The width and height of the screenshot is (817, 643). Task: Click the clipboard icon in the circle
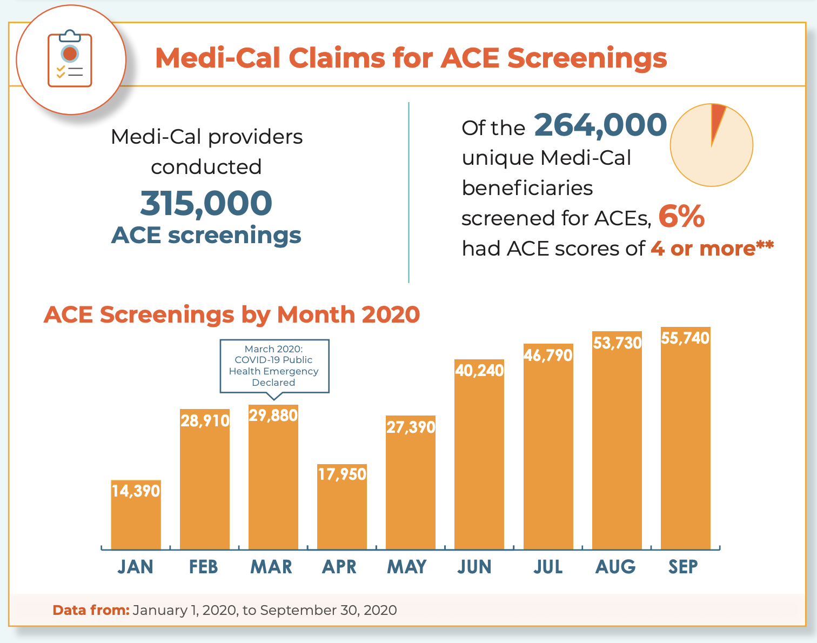(70, 59)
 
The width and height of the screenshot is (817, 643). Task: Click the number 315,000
(206, 203)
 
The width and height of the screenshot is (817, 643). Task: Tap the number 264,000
(600, 125)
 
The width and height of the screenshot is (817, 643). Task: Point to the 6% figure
(681, 217)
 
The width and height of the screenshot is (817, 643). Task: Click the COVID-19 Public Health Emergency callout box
(274, 366)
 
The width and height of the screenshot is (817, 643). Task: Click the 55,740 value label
(685, 338)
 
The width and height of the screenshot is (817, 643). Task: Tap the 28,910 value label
(205, 421)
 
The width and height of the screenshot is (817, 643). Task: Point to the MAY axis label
(407, 567)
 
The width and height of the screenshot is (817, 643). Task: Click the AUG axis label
(615, 567)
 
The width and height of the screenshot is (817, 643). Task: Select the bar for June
(479, 465)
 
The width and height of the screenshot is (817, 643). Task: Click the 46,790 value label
(548, 356)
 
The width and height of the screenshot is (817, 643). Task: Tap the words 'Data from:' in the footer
(91, 610)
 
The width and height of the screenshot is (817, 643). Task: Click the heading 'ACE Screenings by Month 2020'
(232, 314)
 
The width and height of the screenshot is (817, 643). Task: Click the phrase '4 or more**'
(712, 249)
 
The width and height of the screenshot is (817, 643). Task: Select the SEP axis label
(683, 567)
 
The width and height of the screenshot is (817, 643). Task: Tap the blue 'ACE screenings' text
(206, 235)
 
